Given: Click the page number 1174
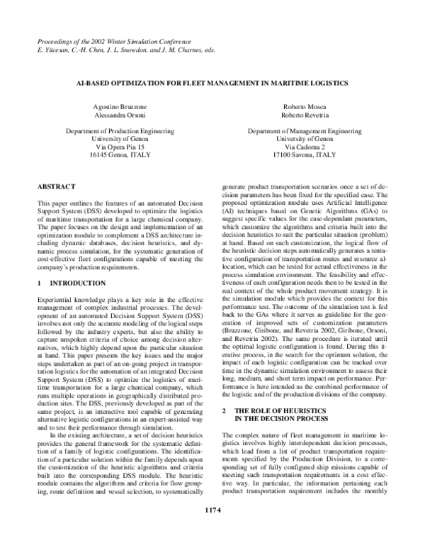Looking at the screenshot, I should pyautogui.click(x=212, y=529).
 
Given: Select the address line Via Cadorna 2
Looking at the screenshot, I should pyautogui.click(x=305, y=146).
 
